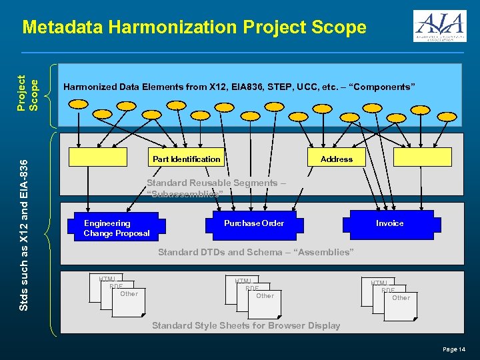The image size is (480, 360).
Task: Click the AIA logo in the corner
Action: pyautogui.click(x=439, y=27)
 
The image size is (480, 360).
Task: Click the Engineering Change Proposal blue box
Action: pyautogui.click(x=117, y=228)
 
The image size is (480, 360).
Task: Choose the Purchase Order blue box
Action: pyautogui.click(x=254, y=223)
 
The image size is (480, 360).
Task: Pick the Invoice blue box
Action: pyautogui.click(x=389, y=223)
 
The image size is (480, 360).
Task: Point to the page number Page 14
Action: pyautogui.click(x=454, y=349)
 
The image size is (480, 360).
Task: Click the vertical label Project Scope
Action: pyautogui.click(x=30, y=91)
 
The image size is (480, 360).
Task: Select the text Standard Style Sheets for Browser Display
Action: pyautogui.click(x=246, y=325)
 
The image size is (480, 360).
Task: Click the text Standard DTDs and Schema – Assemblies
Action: pyautogui.click(x=255, y=252)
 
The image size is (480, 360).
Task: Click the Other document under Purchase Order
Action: pyautogui.click(x=265, y=298)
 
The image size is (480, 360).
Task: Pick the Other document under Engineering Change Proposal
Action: pyautogui.click(x=129, y=296)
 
